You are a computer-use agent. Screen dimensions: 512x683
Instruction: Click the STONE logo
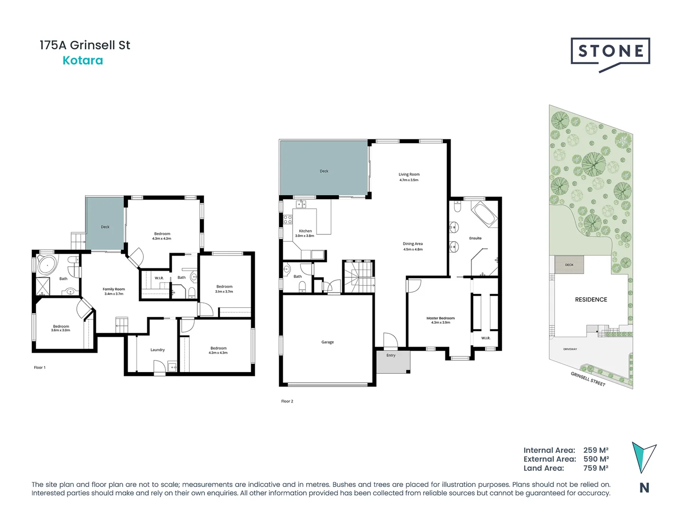click(x=610, y=52)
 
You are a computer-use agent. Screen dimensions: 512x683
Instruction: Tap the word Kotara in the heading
click(x=83, y=61)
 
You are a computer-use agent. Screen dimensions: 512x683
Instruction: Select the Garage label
click(x=327, y=342)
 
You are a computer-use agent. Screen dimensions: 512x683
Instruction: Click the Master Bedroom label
click(x=440, y=318)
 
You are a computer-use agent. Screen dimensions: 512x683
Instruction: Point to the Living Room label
click(x=409, y=174)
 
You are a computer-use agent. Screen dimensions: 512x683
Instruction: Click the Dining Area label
click(x=413, y=244)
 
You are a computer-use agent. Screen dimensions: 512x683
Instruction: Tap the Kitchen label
click(x=305, y=231)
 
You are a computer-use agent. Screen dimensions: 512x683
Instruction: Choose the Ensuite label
click(x=475, y=238)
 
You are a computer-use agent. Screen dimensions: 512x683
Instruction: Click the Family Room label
click(x=114, y=289)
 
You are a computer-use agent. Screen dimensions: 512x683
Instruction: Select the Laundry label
click(x=157, y=350)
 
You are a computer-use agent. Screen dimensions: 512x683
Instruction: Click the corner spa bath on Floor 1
click(x=46, y=265)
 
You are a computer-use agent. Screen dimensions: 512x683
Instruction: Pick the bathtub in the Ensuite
click(x=484, y=214)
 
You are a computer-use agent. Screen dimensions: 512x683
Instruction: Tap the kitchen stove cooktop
click(x=287, y=219)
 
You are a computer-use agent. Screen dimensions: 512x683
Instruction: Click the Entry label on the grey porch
click(x=391, y=355)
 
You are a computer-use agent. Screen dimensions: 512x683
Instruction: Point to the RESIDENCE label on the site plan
click(x=591, y=300)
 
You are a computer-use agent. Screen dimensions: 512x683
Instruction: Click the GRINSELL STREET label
click(x=588, y=379)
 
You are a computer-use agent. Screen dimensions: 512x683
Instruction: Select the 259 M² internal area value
click(x=596, y=450)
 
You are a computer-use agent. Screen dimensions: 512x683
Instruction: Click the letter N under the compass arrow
click(x=644, y=488)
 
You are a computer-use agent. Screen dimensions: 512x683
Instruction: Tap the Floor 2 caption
click(x=287, y=402)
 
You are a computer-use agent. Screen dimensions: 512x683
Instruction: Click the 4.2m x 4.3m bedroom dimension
click(x=218, y=353)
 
